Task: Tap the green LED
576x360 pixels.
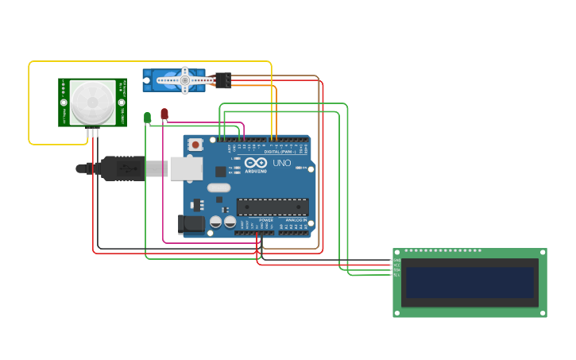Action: click(147, 118)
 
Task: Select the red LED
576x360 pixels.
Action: click(164, 114)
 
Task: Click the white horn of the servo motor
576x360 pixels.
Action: click(184, 79)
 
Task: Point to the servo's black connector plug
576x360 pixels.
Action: click(223, 80)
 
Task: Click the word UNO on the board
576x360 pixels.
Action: click(281, 163)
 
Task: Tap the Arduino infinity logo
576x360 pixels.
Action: click(256, 163)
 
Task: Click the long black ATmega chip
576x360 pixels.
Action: click(273, 207)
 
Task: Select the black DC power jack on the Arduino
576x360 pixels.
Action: click(191, 224)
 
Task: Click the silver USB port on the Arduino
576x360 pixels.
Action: click(187, 168)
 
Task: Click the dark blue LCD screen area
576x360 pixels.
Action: click(468, 282)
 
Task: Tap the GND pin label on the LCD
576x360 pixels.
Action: click(396, 260)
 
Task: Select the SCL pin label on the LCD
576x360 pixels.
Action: click(396, 275)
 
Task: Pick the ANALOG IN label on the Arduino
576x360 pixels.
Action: click(296, 219)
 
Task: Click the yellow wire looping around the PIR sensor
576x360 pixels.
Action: click(29, 103)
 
